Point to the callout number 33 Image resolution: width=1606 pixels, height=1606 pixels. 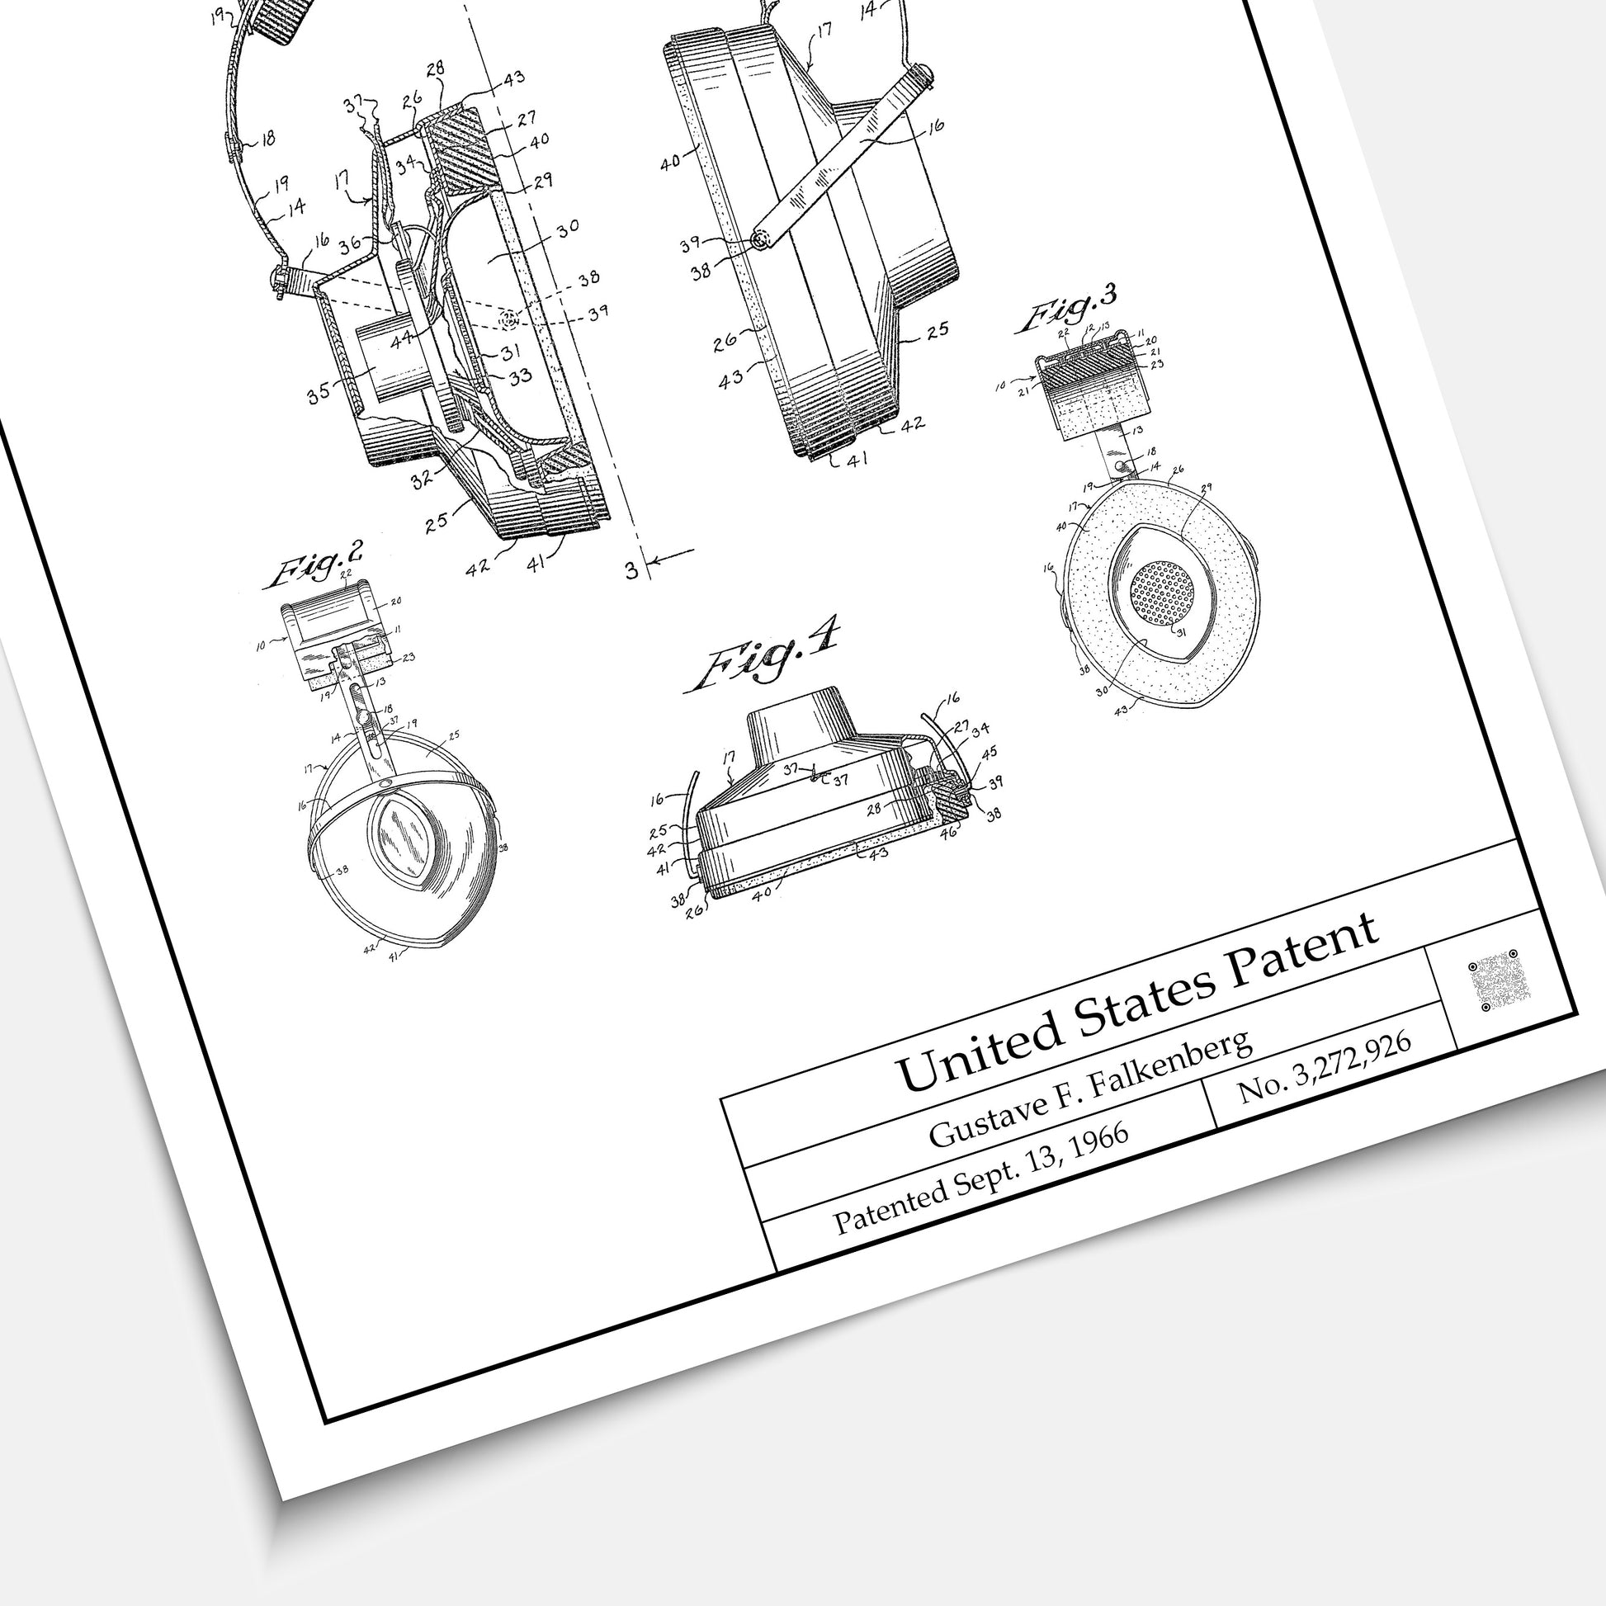[521, 376]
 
